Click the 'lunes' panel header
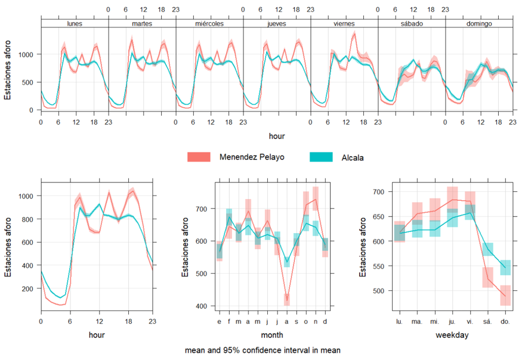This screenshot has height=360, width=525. point(75,24)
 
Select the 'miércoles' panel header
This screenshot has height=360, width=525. point(209,24)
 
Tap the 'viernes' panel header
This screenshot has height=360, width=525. point(344,24)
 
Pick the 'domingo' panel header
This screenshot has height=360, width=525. point(479,24)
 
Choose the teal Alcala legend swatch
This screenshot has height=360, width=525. point(325,157)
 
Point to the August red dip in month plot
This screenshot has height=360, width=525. point(287,300)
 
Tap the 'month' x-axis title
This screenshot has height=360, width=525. point(271,336)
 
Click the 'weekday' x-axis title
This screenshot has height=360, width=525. point(452,336)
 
